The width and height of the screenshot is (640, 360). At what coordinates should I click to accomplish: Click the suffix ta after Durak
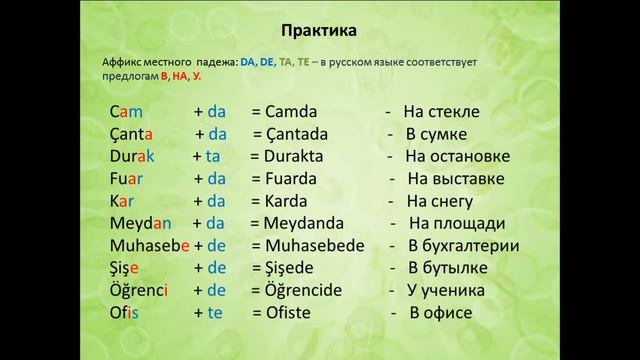pos(212,157)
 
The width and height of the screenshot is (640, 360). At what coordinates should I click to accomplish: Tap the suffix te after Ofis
pos(214,314)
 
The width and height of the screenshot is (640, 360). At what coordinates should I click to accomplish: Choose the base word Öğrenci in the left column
pos(139,291)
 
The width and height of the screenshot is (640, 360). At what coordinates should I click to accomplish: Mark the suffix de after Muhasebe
pos(215,246)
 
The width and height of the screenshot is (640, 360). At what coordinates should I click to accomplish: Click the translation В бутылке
pos(453,269)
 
